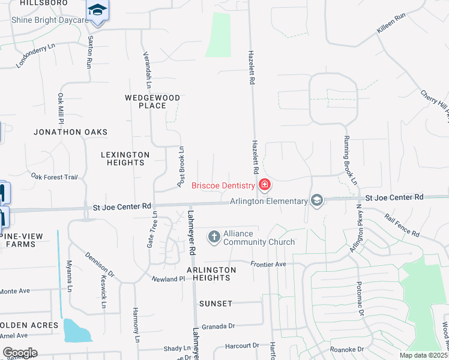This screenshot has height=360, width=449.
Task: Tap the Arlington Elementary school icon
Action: tap(317, 201)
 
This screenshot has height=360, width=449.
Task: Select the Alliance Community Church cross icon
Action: tap(214, 237)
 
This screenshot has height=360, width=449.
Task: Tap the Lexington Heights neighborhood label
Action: tap(122, 158)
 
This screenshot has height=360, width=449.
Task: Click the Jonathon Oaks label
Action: tap(70, 132)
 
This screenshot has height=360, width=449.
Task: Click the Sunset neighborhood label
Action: tap(215, 304)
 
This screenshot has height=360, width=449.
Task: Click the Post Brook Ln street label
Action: tap(180, 165)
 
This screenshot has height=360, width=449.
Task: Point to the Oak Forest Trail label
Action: tap(55, 177)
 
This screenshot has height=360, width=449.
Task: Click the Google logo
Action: tap(20, 353)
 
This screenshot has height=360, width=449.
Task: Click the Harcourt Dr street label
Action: tap(241, 346)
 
